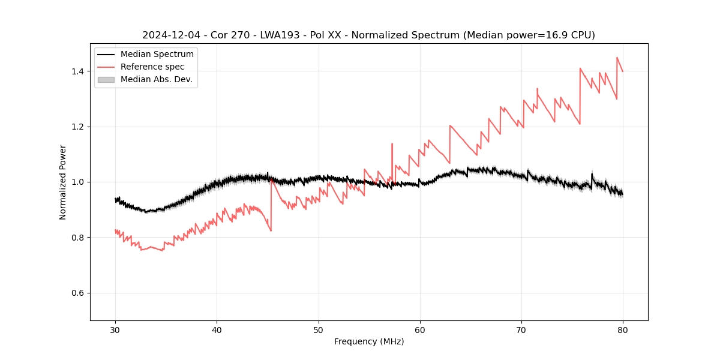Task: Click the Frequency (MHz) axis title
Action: [x=369, y=341]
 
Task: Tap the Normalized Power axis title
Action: [x=63, y=182]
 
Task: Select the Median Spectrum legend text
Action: [x=157, y=55]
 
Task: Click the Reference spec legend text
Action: [x=152, y=67]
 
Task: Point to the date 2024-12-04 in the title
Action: [x=171, y=35]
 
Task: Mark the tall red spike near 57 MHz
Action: [x=392, y=144]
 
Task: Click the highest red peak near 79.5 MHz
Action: [x=617, y=58]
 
